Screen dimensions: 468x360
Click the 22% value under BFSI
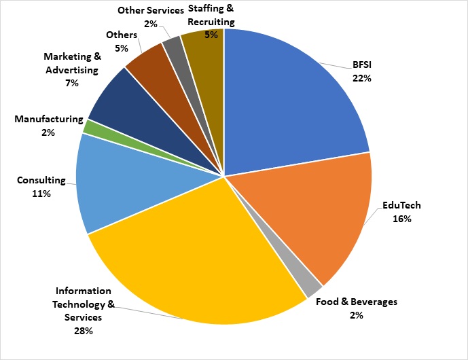click(362, 78)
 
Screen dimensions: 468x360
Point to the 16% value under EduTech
click(401, 219)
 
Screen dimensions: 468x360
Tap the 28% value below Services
click(84, 331)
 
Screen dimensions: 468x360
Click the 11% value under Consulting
click(41, 194)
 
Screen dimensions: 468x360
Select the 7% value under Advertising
click(72, 83)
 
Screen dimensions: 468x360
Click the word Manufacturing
click(49, 119)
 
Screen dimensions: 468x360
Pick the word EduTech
click(401, 205)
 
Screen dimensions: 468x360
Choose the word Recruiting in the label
click(211, 22)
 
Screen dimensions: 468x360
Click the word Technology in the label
click(79, 304)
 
